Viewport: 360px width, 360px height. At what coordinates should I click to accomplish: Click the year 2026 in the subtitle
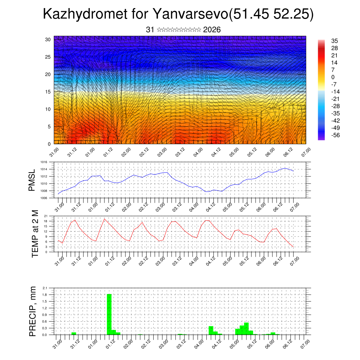point(212,30)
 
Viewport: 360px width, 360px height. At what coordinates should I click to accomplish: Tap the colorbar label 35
point(335,41)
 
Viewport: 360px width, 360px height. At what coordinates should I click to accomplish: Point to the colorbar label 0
point(333,77)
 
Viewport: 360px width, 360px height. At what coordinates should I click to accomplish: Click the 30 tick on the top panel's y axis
point(48,39)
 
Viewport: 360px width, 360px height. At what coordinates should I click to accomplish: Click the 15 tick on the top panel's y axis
point(48,92)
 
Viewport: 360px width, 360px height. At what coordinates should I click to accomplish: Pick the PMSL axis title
point(32,180)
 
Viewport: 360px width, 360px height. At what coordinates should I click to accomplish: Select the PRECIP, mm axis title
point(33,311)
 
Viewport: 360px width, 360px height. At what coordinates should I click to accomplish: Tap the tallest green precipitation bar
point(109,314)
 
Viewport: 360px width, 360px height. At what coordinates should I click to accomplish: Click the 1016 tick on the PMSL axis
point(44,162)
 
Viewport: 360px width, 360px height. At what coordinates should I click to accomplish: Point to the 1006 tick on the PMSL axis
point(44,198)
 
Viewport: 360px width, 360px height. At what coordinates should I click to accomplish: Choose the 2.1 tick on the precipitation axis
point(45,288)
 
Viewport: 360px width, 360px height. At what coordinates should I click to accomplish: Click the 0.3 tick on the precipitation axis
point(45,328)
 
